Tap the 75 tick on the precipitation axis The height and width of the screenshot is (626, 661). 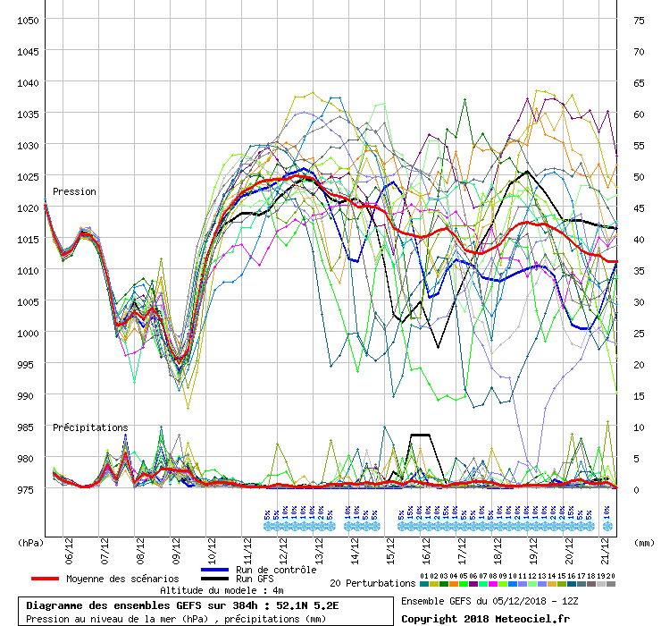[x=640, y=20]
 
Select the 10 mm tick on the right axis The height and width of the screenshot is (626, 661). [x=640, y=427]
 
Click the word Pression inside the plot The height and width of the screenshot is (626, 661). [x=74, y=191]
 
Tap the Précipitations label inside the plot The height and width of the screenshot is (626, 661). [x=90, y=427]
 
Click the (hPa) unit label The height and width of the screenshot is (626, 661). [x=31, y=542]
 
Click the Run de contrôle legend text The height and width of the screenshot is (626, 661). [x=275, y=570]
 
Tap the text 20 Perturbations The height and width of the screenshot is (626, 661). [x=372, y=583]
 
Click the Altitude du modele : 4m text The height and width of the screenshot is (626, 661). [x=222, y=591]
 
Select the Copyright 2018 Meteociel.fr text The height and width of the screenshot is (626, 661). [x=485, y=618]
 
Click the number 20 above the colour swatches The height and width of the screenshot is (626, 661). [x=611, y=576]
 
